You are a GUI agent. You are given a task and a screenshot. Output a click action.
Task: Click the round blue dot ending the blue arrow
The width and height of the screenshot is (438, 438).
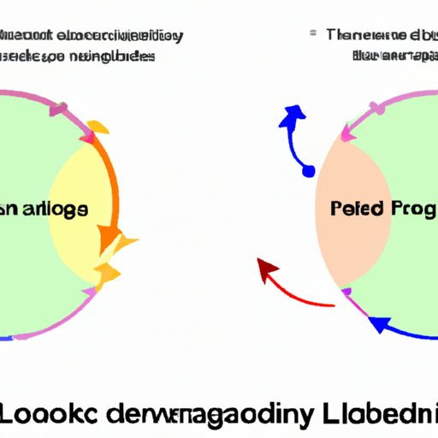click(x=309, y=172)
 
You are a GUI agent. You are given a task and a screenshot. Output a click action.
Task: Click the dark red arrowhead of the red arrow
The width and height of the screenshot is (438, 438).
click(x=268, y=273)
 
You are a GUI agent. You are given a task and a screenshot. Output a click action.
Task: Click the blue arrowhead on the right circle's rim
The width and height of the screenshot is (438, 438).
click(x=376, y=324)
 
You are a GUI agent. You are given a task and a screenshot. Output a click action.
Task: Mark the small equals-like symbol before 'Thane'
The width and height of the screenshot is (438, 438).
click(x=313, y=33)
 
